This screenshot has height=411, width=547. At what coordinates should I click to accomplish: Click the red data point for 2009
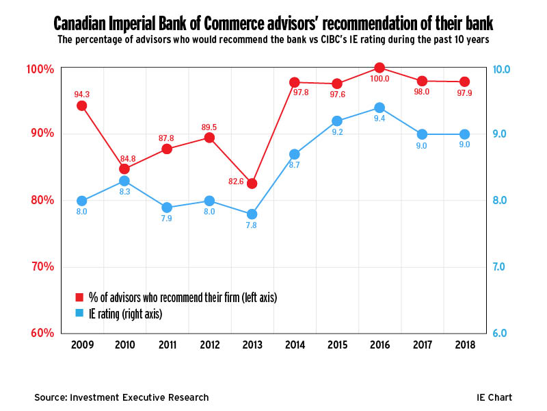82,105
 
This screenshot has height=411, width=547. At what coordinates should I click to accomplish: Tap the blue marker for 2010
124,181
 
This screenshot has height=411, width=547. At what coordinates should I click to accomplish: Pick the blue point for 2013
252,214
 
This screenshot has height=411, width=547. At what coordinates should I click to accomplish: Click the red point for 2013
252,184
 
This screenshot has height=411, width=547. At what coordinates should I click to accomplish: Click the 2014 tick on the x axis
295,345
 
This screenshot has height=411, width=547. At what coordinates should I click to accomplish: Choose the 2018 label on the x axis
465,345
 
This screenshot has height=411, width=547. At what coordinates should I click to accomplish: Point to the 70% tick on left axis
40,266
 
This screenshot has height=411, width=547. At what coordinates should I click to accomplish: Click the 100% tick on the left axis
39,69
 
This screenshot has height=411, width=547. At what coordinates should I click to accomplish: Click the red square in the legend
79,297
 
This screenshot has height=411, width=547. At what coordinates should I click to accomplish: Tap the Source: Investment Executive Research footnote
122,397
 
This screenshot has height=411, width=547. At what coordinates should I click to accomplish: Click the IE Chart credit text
494,397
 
